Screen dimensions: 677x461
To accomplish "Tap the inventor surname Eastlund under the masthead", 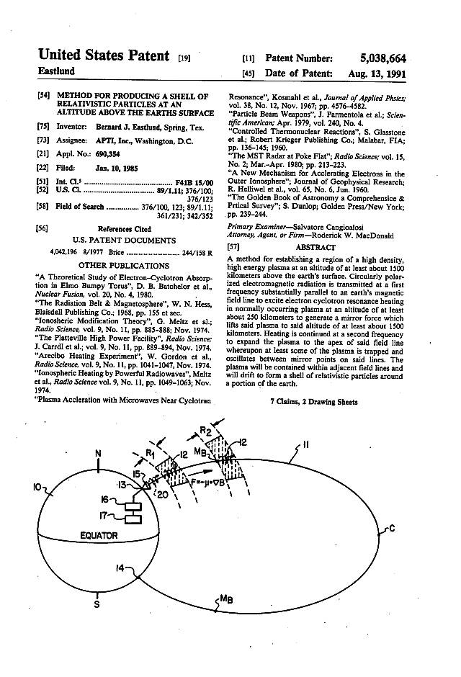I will point(57,72).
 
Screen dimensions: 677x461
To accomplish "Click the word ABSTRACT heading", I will point(315,247).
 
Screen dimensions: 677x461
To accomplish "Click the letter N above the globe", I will point(99,454).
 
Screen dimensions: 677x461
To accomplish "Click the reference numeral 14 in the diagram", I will point(122,567).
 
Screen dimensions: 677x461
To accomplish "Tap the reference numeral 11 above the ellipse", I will point(306,446).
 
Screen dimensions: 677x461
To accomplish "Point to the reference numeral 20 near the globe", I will point(164,494).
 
